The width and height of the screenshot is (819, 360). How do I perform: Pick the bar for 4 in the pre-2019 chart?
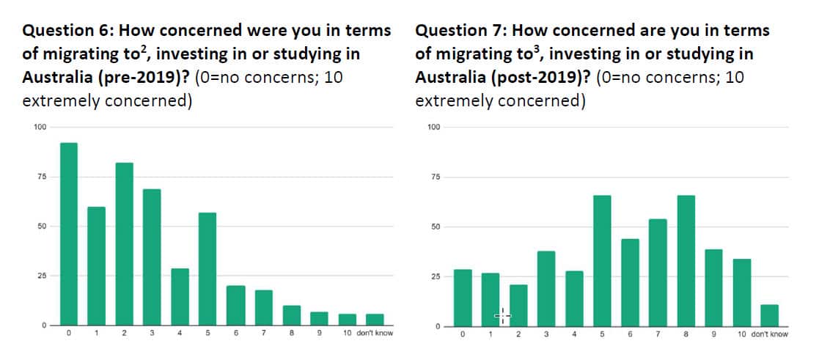pos(180,296)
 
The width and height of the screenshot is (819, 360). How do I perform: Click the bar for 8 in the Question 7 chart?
pos(686,260)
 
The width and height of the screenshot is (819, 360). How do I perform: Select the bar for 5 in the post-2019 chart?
pos(602,260)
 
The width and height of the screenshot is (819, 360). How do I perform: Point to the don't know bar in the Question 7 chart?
pos(769,315)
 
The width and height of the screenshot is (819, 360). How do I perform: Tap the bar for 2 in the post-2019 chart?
pos(518,305)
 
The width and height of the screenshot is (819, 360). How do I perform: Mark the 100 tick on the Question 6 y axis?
pos(40,128)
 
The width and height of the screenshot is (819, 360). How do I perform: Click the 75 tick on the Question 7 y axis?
pos(435,177)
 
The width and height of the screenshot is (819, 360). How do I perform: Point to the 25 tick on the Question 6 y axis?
pos(41,276)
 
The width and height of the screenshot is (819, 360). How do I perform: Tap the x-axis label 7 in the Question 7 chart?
pos(658,334)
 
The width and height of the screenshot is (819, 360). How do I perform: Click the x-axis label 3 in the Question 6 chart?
pos(152,334)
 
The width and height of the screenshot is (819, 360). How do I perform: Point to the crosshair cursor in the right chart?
pos(502,316)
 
